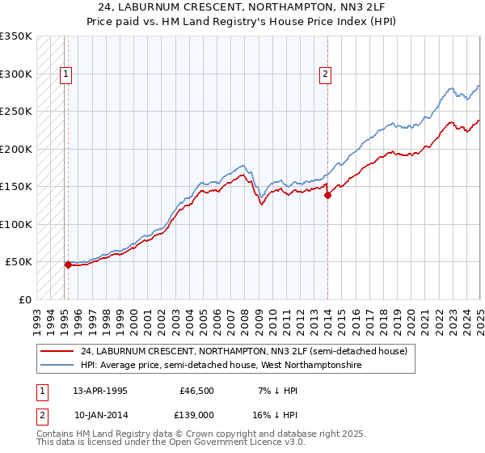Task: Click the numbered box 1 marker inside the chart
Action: [x=65, y=74]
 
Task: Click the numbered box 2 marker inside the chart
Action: [x=325, y=74]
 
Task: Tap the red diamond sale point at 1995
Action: [x=68, y=264]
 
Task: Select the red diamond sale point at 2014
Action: [x=327, y=194]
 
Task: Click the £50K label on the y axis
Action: [x=19, y=262]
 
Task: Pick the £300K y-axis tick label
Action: [x=16, y=74]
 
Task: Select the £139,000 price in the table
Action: [x=199, y=413]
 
